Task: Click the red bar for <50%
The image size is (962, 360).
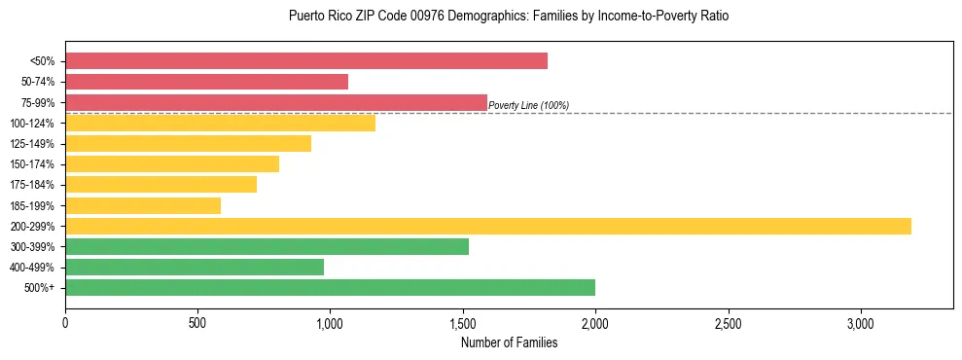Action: (x=306, y=61)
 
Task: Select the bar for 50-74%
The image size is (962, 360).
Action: (x=206, y=82)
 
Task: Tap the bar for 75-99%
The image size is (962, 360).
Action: (x=276, y=102)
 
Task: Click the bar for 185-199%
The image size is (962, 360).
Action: (x=143, y=205)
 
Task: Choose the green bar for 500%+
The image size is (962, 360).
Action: (x=330, y=287)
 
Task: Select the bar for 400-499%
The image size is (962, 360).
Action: (x=195, y=267)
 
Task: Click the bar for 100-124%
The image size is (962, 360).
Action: (x=220, y=123)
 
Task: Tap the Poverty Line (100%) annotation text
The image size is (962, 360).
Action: (x=528, y=105)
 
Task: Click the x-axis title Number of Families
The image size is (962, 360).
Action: (x=509, y=342)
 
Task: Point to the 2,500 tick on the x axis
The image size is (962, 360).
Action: (x=729, y=323)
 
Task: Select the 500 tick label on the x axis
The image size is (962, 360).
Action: (x=197, y=323)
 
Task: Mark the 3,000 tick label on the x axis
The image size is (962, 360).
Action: (x=861, y=323)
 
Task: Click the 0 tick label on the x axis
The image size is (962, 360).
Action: (x=65, y=323)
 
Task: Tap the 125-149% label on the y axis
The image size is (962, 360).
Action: (x=32, y=144)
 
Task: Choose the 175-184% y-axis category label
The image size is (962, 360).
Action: (x=32, y=185)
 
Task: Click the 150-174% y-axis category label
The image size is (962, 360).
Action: (x=32, y=164)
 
